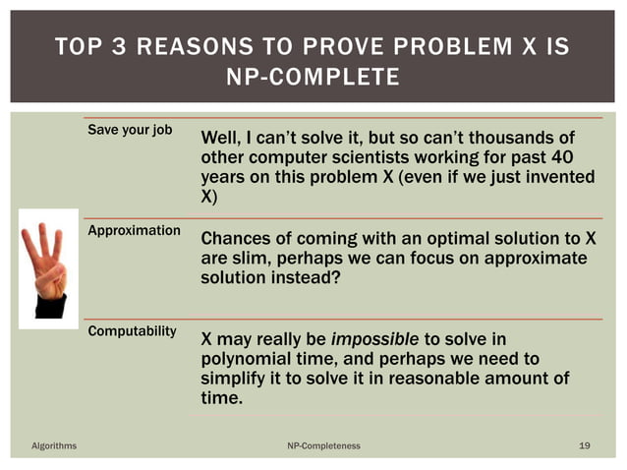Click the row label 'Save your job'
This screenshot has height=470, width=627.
130,131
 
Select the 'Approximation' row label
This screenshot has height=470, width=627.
134,231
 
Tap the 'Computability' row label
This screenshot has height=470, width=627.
132,331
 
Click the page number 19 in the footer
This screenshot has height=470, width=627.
585,446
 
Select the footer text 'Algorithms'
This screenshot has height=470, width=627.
54,446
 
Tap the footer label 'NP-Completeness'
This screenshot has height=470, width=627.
323,446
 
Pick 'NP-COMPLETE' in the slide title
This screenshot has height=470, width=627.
313,77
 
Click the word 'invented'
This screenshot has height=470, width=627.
556,178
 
